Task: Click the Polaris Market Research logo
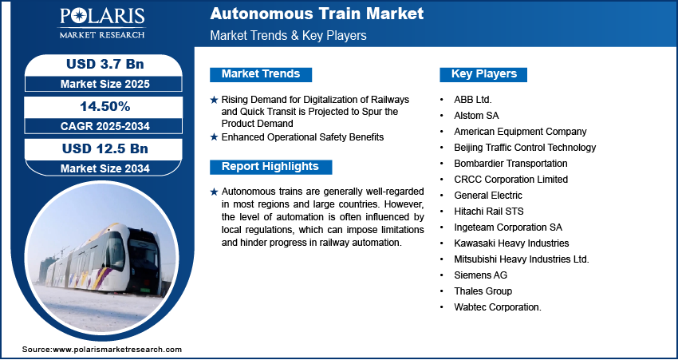tap(102, 22)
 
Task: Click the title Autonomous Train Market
tap(317, 14)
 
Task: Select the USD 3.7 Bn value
tap(105, 64)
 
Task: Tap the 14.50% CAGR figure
tap(105, 106)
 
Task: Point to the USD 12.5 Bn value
tap(105, 148)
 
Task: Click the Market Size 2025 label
tap(105, 84)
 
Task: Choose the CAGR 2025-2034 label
tap(105, 126)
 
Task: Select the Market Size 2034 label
tap(105, 168)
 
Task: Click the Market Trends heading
tap(261, 74)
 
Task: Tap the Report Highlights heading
tap(270, 167)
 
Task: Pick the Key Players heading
tap(484, 74)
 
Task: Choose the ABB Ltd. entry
tap(473, 100)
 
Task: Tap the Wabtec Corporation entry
tap(498, 307)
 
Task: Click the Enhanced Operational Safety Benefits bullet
tap(302, 137)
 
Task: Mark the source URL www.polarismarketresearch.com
tap(117, 350)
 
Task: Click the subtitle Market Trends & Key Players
tap(289, 35)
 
